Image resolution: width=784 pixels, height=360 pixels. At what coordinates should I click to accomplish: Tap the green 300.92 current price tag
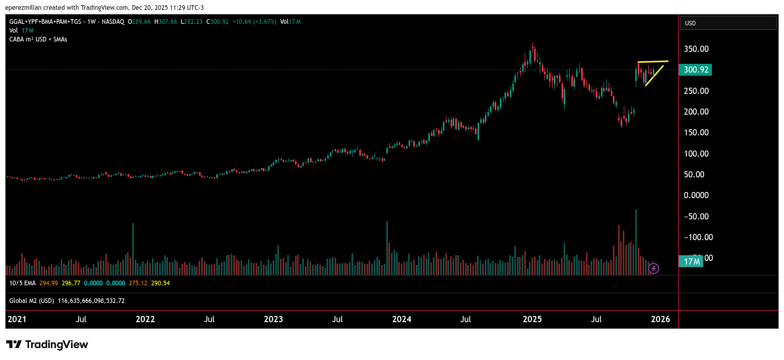point(695,70)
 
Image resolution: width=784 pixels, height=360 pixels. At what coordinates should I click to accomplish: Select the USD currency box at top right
point(729,23)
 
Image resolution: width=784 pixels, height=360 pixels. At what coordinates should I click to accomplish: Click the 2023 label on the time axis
point(274,319)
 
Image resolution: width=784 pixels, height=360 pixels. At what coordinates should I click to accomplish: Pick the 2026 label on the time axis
point(660,319)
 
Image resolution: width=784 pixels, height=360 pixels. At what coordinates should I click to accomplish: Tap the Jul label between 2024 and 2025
point(466,319)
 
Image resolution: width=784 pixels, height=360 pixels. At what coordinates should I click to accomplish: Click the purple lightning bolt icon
point(654,268)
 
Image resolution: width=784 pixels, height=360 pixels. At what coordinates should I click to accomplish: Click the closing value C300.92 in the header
point(217,22)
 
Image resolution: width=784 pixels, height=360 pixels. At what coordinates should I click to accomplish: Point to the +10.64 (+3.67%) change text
point(255,22)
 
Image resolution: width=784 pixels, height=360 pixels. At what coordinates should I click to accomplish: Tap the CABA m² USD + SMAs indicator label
point(38,39)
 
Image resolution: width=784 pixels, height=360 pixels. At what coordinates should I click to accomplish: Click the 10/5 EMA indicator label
point(23,283)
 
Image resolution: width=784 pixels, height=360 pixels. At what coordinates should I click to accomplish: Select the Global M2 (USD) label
point(32,301)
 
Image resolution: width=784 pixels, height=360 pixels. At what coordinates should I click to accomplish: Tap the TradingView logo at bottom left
point(47,345)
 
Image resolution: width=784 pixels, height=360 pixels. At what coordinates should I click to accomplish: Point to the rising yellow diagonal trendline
point(654,76)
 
